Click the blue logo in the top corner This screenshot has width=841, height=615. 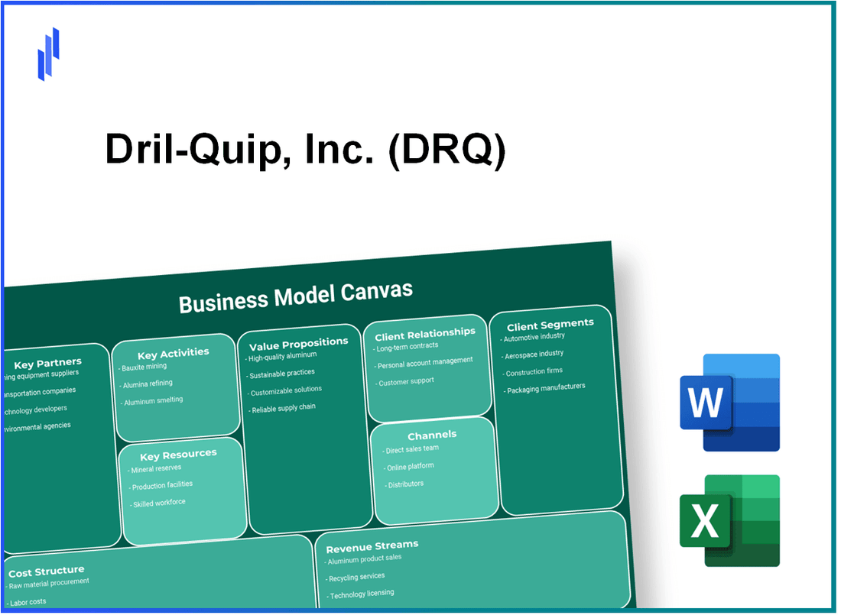pyautogui.click(x=48, y=53)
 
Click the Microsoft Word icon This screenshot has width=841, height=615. pyautogui.click(x=729, y=402)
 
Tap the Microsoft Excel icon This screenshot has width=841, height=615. pyautogui.click(x=729, y=521)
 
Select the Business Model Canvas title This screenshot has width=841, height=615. pyautogui.click(x=295, y=297)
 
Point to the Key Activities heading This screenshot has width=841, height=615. pyautogui.click(x=173, y=353)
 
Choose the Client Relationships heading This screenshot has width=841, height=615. pyautogui.click(x=424, y=333)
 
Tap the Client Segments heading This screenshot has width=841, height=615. pyautogui.click(x=550, y=324)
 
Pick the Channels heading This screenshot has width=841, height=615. pyautogui.click(x=432, y=435)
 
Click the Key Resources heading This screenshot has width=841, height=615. pyautogui.click(x=178, y=454)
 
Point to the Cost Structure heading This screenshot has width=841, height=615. pyautogui.click(x=46, y=571)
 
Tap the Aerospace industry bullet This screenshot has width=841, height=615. pyautogui.click(x=534, y=354)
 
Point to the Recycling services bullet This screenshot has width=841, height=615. pyautogui.click(x=357, y=577)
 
